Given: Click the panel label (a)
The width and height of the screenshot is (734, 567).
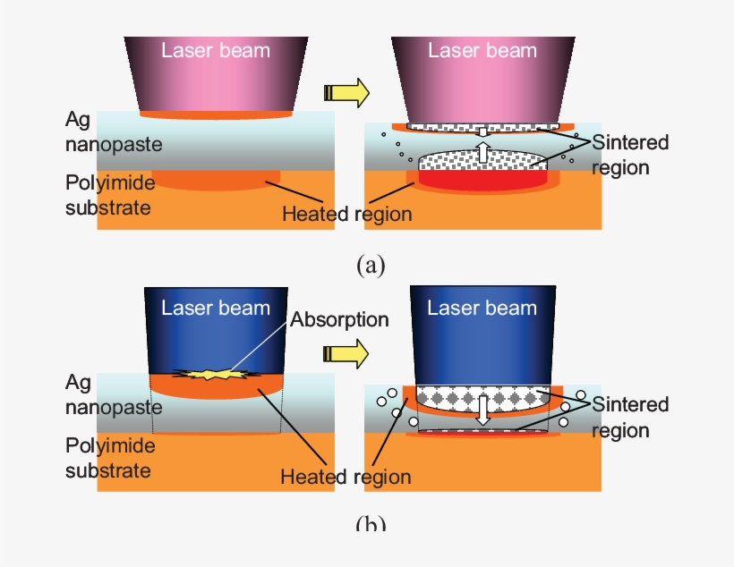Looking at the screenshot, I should (x=370, y=266).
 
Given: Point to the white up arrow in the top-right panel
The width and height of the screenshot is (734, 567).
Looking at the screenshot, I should (x=482, y=148).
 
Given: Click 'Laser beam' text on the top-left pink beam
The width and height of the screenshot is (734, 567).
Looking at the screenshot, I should (x=216, y=50).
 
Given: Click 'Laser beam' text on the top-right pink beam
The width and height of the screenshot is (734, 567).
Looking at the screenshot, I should (x=482, y=50).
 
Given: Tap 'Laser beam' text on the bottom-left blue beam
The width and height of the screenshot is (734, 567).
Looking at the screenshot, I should (x=216, y=309).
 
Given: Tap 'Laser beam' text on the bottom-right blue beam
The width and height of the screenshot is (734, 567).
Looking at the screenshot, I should (x=482, y=309).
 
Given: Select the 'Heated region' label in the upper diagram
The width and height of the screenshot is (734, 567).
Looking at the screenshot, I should (x=346, y=214).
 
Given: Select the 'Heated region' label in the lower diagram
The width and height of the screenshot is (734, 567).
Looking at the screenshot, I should (x=346, y=477).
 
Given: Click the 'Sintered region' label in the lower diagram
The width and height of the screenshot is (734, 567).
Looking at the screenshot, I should (x=630, y=418).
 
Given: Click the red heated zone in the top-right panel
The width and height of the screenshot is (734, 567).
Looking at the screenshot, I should (x=483, y=179).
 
